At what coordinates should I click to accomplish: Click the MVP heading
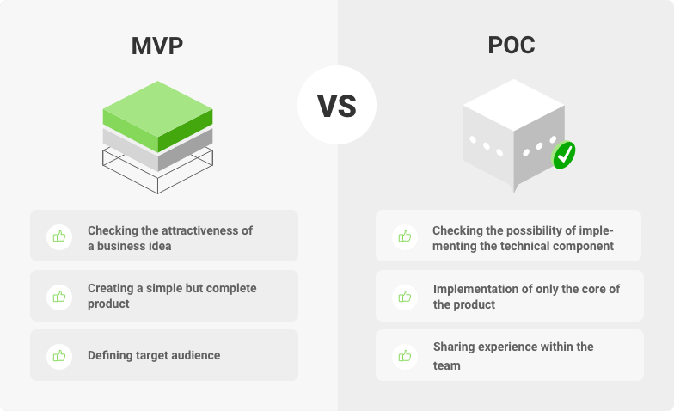157,46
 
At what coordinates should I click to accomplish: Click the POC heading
512,45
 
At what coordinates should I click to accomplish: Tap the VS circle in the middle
337,105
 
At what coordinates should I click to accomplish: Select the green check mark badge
564,155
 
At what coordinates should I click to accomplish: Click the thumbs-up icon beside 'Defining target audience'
59,356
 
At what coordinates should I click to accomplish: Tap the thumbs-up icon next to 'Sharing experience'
405,356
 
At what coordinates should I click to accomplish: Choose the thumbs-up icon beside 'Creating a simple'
59,297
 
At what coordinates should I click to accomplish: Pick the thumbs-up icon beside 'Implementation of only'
405,297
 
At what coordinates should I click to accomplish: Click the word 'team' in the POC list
447,366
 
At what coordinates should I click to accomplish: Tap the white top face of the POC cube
514,105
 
